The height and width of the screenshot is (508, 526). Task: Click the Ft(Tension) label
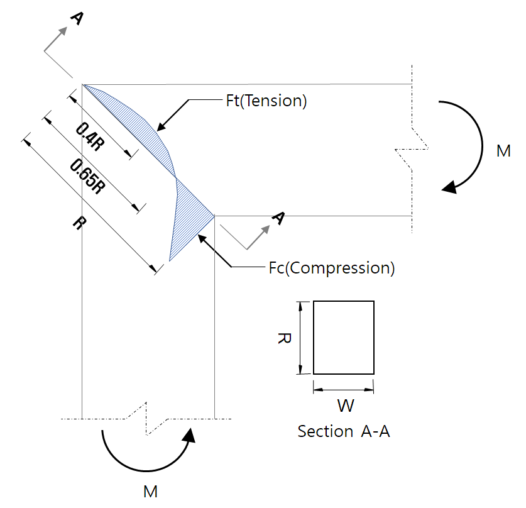(266, 101)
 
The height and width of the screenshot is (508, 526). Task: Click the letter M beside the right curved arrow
(503, 152)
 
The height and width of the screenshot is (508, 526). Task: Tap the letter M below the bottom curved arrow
(150, 492)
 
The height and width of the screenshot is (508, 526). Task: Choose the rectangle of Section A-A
(343, 338)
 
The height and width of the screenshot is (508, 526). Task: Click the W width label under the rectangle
(345, 406)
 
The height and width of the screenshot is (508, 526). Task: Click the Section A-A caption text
(343, 432)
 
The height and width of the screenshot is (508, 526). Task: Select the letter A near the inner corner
(278, 218)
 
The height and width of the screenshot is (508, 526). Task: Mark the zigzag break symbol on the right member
(412, 148)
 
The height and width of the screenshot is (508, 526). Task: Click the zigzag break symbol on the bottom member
(147, 418)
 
